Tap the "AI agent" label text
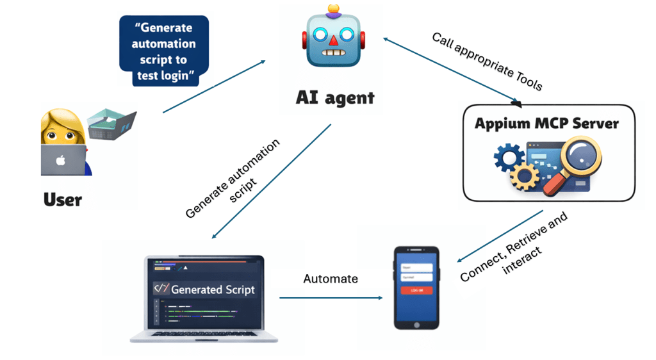(335, 97)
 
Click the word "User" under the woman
(63, 200)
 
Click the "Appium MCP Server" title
(546, 122)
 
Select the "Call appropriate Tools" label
(487, 61)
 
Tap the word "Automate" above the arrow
(331, 279)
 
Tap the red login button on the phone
(416, 290)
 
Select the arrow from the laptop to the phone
(331, 298)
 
